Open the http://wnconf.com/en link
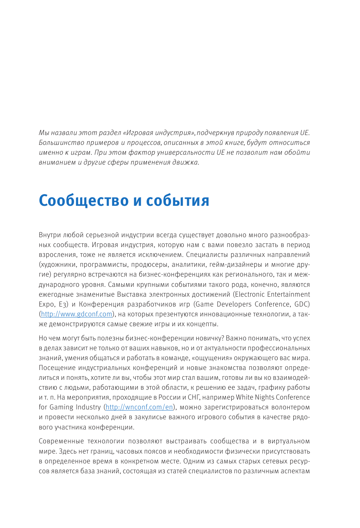(139, 407)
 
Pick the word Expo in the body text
(46, 304)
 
